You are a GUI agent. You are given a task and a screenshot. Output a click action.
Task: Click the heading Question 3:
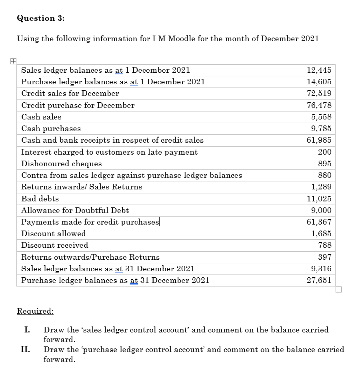pyautogui.click(x=41, y=18)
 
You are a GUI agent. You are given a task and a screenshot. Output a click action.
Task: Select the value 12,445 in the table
pyautogui.click(x=319, y=70)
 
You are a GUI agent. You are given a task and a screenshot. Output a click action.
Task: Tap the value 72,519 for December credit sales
pyautogui.click(x=319, y=93)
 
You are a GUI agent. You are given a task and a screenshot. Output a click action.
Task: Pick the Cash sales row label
pyautogui.click(x=41, y=117)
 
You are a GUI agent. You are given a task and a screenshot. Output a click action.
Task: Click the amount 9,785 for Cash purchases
pyautogui.click(x=321, y=129)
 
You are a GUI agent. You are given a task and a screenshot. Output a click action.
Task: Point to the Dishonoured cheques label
pyautogui.click(x=61, y=164)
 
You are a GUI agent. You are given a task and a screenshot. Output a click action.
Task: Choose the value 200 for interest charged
pyautogui.click(x=324, y=152)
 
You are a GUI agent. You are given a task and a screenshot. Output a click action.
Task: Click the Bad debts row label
pyautogui.click(x=40, y=199)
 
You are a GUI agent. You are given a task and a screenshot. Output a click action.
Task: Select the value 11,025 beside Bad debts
pyautogui.click(x=319, y=199)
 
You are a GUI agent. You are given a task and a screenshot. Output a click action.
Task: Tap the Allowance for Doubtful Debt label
pyautogui.click(x=75, y=211)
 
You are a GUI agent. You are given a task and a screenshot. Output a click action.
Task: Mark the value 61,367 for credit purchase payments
pyautogui.click(x=319, y=222)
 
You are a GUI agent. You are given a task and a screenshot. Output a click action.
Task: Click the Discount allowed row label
pyautogui.click(x=53, y=234)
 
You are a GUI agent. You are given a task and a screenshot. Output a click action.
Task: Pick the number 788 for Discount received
pyautogui.click(x=324, y=245)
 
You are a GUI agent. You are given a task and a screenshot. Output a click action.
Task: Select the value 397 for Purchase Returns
pyautogui.click(x=324, y=257)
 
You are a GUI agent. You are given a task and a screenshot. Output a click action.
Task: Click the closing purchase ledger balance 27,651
pyautogui.click(x=319, y=280)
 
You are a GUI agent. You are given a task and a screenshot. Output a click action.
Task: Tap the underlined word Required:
pyautogui.click(x=35, y=311)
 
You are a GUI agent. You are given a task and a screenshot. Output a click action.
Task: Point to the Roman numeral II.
pyautogui.click(x=26, y=350)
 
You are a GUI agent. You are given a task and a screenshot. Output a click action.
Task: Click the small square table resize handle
pyautogui.click(x=339, y=290)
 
